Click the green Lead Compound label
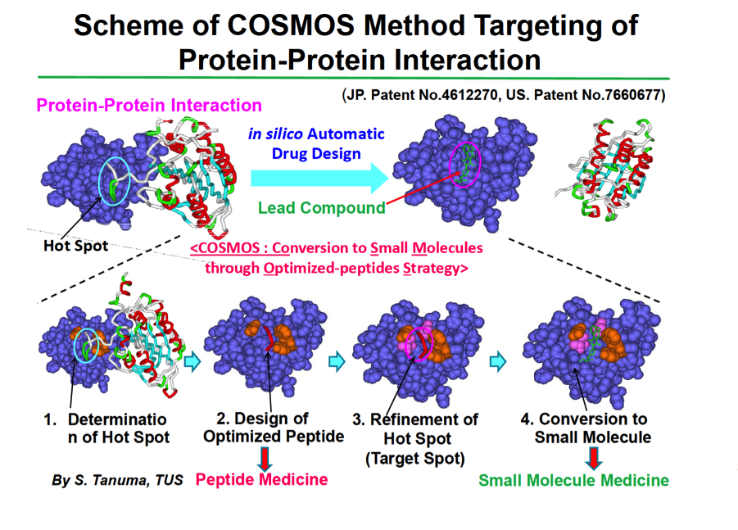coord(322,208)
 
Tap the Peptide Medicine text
coord(262,479)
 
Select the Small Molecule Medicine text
coord(573,480)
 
